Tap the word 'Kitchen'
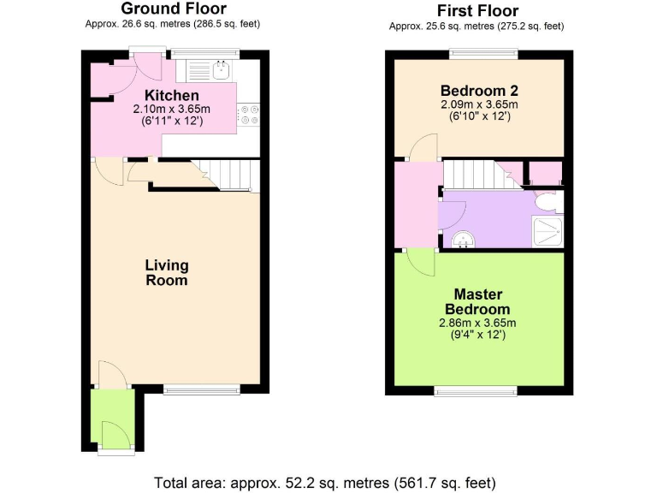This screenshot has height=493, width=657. pos(172,95)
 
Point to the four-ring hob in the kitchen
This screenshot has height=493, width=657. pos(248,114)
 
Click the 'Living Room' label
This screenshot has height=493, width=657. pos(166,272)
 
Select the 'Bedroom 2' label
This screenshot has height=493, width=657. pos(478,91)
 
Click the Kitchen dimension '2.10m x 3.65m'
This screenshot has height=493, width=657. pos(172,110)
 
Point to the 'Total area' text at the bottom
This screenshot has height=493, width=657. pos(325,481)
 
